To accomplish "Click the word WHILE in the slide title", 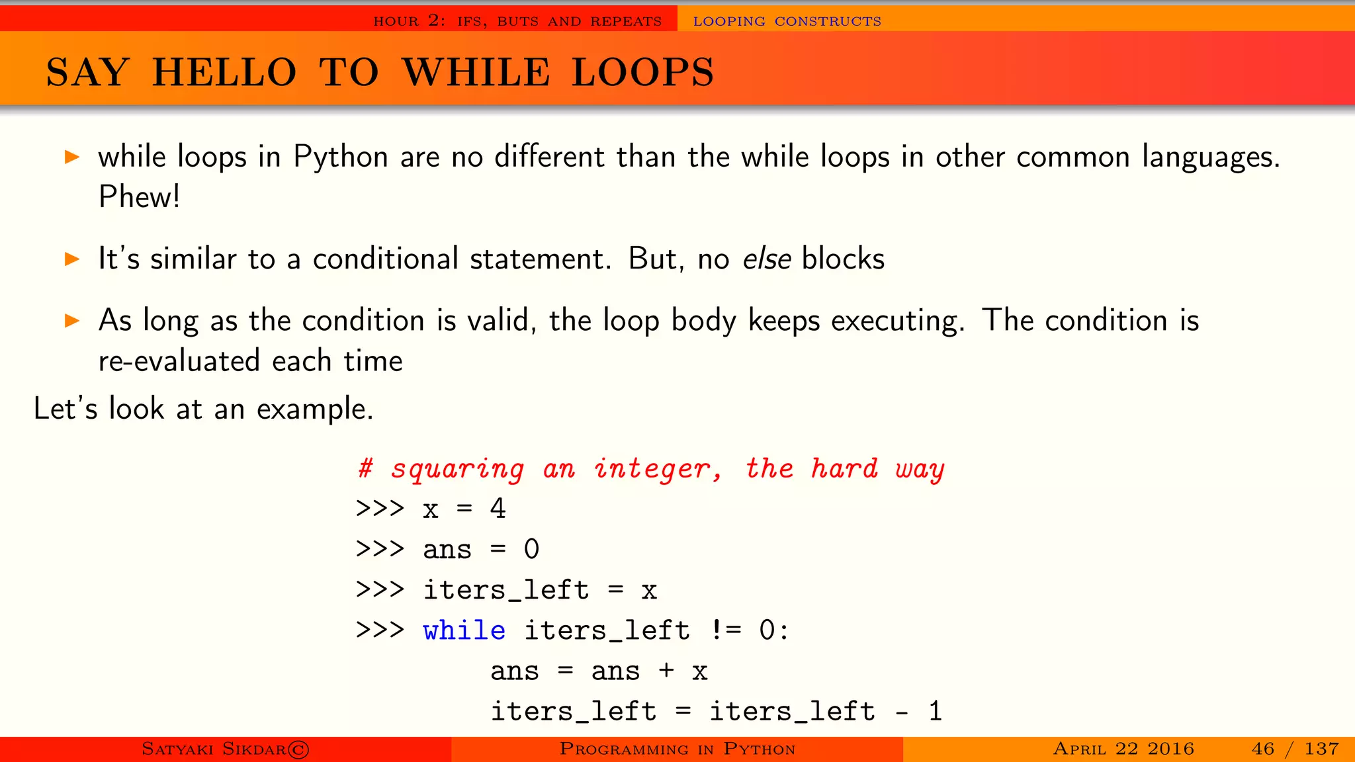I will [x=476, y=72].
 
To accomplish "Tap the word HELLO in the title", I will [x=224, y=72].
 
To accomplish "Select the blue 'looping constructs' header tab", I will [x=787, y=21].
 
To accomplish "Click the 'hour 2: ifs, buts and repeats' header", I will [x=517, y=21].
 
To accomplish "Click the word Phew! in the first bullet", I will [x=139, y=196].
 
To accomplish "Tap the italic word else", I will [x=767, y=259].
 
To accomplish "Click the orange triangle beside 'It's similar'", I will [x=72, y=259].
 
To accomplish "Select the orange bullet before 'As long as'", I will [x=72, y=321].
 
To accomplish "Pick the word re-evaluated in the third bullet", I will [x=179, y=361].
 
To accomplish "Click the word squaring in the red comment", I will [x=457, y=469].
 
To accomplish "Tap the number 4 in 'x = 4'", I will [x=498, y=509].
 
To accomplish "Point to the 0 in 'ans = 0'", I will [x=531, y=550].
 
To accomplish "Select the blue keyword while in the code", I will [x=464, y=630].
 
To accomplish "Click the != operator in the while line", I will [x=726, y=630].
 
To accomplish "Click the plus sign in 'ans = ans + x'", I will [x=666, y=671].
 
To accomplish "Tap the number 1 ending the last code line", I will [x=935, y=712].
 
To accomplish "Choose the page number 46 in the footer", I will [x=1262, y=749].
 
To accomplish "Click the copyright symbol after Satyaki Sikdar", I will [x=298, y=749].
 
